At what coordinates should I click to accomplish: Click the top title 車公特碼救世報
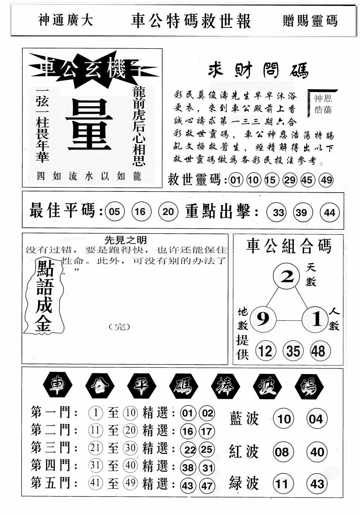[191, 21]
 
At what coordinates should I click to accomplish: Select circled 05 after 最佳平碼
[115, 212]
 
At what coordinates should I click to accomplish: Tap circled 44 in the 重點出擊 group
[329, 212]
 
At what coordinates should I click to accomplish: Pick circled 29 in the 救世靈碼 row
[290, 180]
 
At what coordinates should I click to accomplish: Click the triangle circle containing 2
[287, 276]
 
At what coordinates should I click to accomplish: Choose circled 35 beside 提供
[293, 351]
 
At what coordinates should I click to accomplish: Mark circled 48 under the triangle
[318, 351]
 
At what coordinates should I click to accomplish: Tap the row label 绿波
[244, 483]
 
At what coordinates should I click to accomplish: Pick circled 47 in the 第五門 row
[207, 485]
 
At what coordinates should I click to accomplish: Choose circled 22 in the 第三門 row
[189, 450]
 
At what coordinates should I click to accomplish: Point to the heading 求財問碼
[258, 70]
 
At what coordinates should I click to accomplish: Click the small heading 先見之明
[125, 240]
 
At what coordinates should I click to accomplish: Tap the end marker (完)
[120, 327]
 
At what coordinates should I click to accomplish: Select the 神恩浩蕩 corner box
[323, 104]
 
